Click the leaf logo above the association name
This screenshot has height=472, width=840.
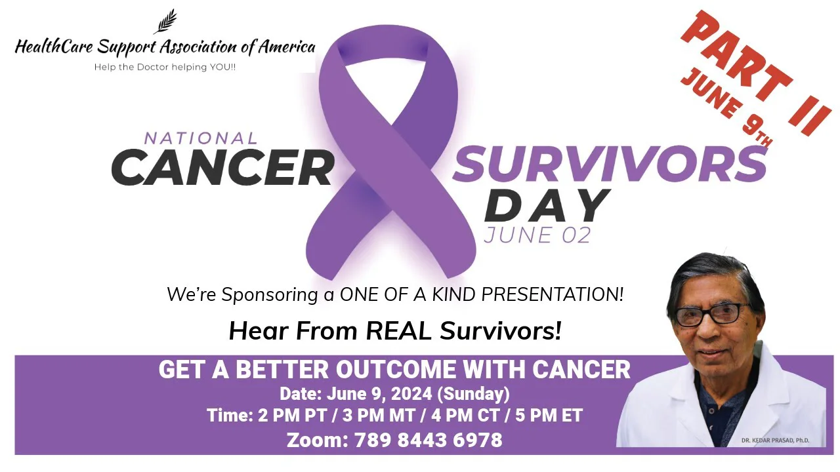165,22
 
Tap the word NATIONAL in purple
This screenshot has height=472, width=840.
201,138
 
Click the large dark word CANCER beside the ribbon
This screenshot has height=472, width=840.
222,167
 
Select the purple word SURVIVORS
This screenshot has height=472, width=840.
610,164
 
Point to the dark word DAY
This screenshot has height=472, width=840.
545,205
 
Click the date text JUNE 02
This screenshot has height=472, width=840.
537,235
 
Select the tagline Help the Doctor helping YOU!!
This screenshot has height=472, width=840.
165,68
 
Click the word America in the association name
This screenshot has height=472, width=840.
287,47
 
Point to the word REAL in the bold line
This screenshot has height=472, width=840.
398,331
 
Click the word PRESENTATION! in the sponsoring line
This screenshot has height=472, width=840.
552,294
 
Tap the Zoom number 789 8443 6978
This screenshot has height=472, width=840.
429,440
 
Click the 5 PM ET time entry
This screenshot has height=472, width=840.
549,416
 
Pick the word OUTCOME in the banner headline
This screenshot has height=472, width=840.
396,370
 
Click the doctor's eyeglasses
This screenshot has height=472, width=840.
708,314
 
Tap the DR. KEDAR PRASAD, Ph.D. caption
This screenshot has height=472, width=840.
775,441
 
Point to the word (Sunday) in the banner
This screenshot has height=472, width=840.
474,394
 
